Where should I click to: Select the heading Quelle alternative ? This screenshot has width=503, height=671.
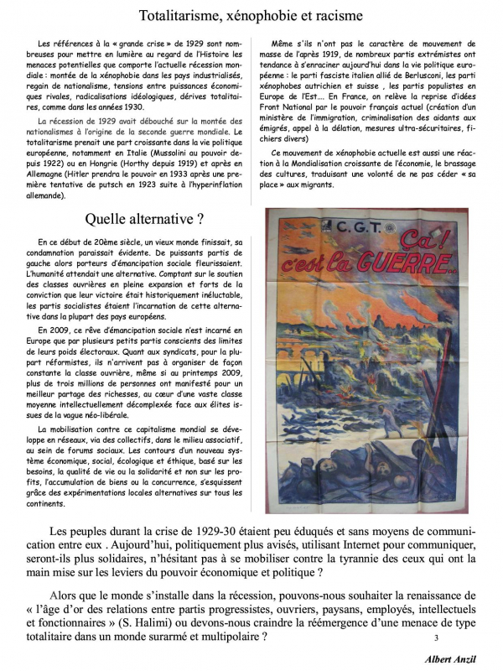point(151,221)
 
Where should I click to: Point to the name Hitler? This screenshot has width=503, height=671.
point(86,177)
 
